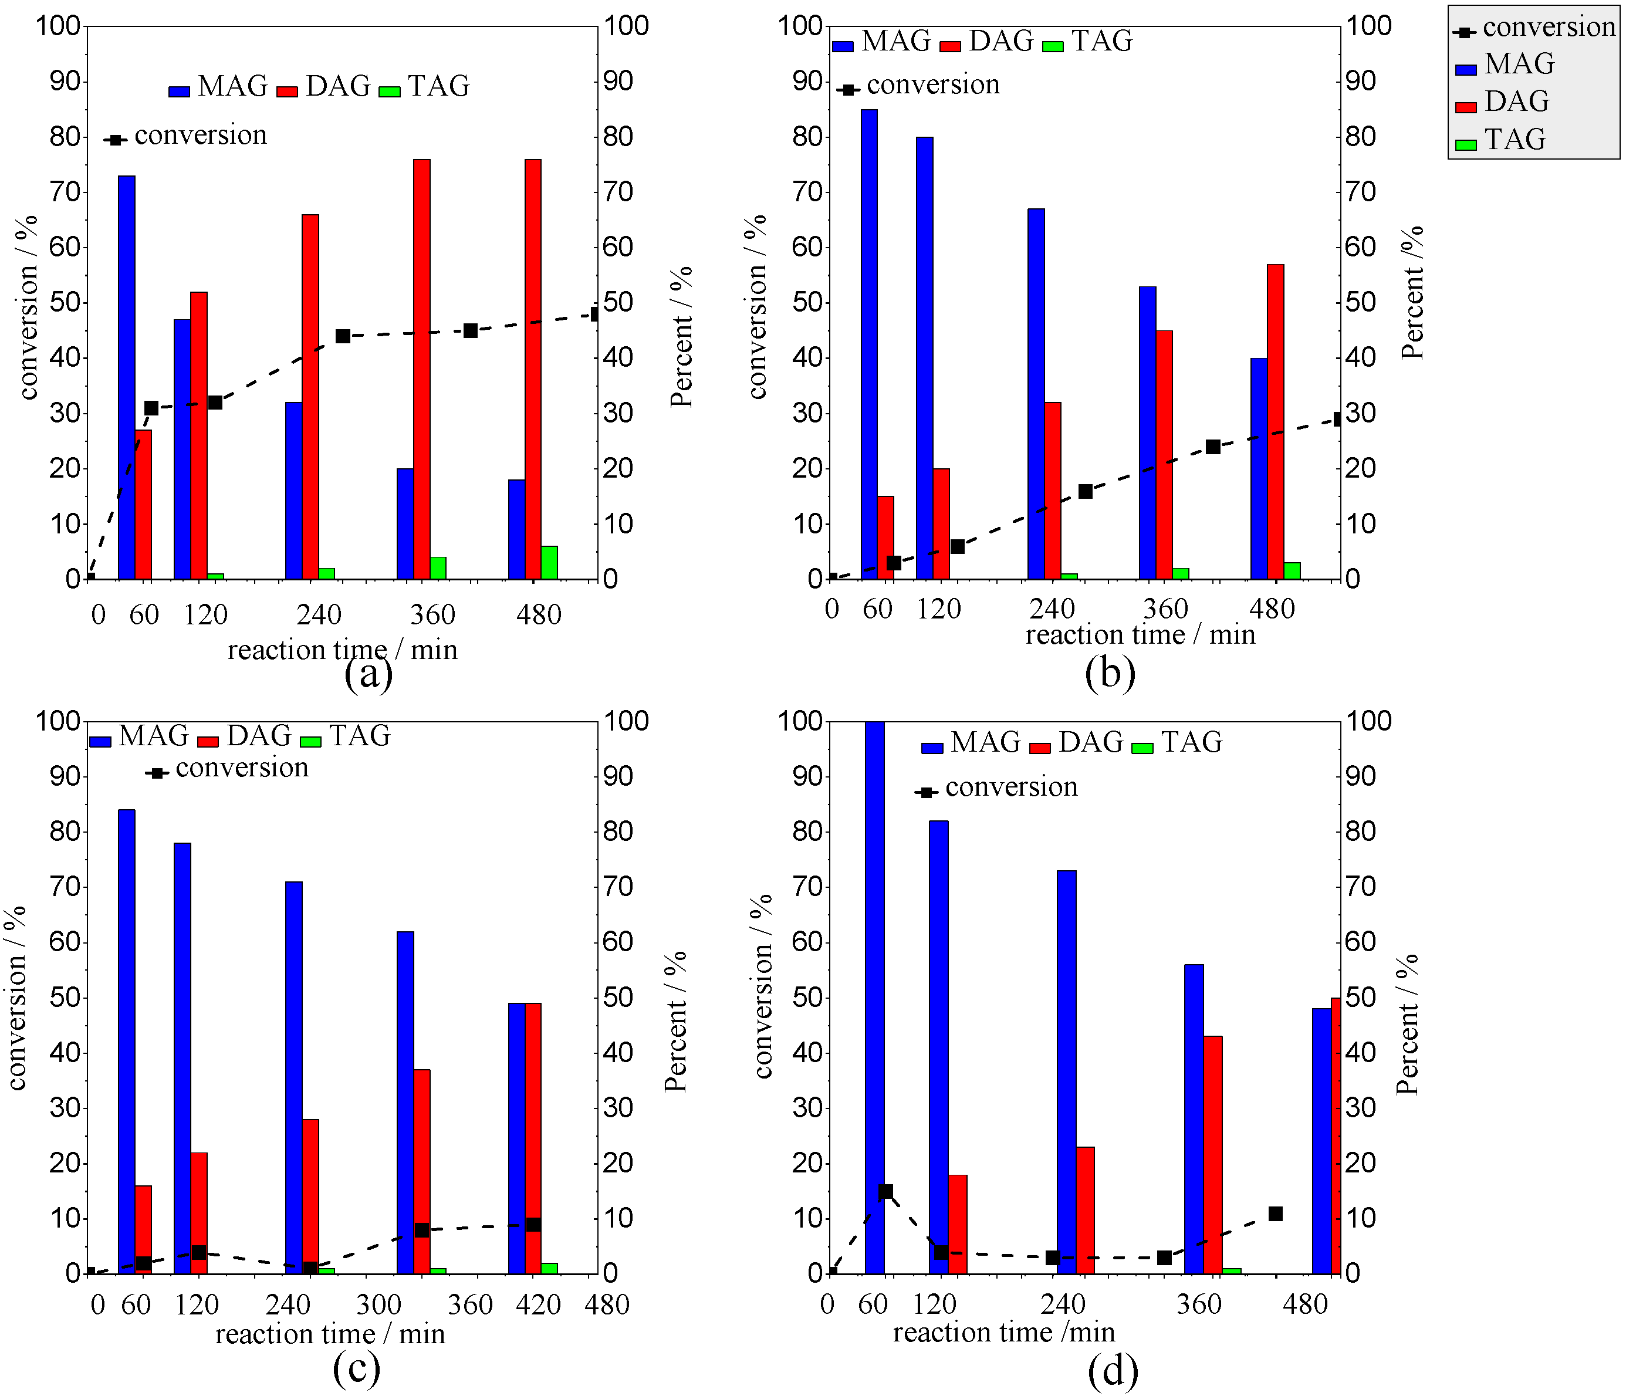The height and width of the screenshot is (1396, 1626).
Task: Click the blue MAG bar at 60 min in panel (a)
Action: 126,377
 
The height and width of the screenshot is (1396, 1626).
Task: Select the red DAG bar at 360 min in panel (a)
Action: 421,369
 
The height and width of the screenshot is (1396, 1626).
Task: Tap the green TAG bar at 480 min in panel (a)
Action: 549,563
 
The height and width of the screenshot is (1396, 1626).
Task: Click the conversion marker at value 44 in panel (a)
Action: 343,336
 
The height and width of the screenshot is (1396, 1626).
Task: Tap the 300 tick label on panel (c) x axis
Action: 378,1304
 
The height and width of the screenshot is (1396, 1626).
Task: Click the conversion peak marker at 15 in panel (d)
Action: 886,1191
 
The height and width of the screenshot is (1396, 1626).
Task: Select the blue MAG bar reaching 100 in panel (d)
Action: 874,996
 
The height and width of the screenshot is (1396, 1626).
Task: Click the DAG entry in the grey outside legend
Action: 1516,102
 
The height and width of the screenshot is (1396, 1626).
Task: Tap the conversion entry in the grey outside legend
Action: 1547,28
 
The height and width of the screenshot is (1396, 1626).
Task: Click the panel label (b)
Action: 1110,672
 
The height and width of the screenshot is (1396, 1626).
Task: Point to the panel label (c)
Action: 356,1368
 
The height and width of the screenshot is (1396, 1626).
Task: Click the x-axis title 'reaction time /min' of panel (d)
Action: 1003,1331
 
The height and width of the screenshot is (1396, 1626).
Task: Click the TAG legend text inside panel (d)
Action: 1191,742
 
